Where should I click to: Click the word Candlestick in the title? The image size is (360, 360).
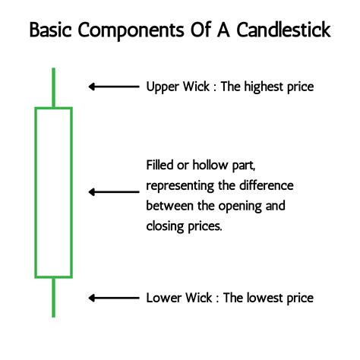pyautogui.click(x=283, y=30)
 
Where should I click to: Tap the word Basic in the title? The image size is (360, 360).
pyautogui.click(x=50, y=30)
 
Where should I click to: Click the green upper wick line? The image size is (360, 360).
pyautogui.click(x=53, y=87)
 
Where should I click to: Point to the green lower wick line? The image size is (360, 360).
pyautogui.click(x=53, y=298)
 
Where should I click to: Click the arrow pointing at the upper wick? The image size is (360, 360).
pyautogui.click(x=114, y=87)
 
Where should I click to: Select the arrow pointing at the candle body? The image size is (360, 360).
pyautogui.click(x=114, y=192)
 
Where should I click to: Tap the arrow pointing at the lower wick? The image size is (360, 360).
pyautogui.click(x=114, y=298)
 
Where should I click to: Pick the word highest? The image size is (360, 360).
pyautogui.click(x=264, y=87)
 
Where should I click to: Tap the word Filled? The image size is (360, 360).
pyautogui.click(x=159, y=165)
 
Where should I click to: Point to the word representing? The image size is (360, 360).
pyautogui.click(x=180, y=186)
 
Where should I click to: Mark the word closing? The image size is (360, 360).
pyautogui.click(x=165, y=227)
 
